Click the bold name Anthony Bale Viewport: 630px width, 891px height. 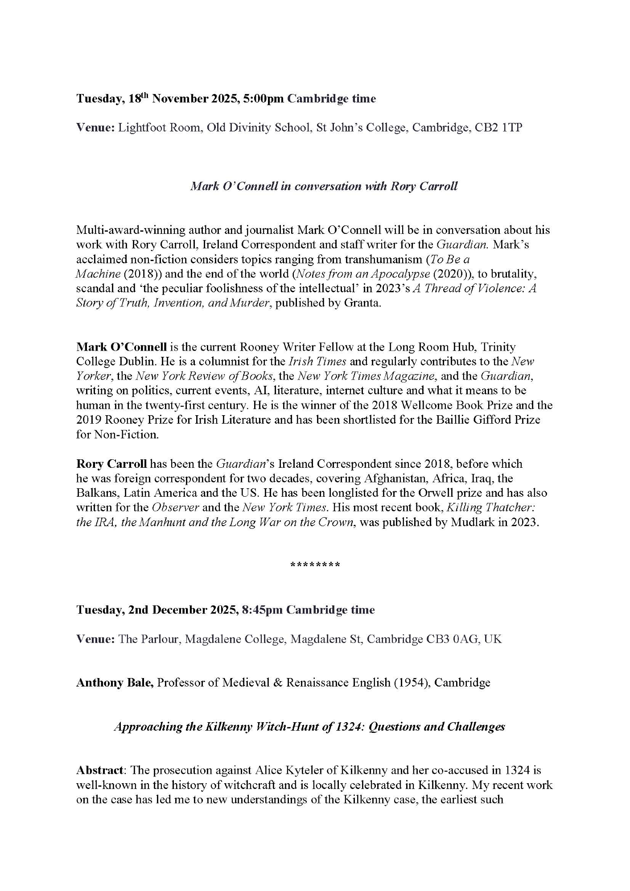click(115, 683)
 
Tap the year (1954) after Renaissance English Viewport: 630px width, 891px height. click(410, 683)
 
